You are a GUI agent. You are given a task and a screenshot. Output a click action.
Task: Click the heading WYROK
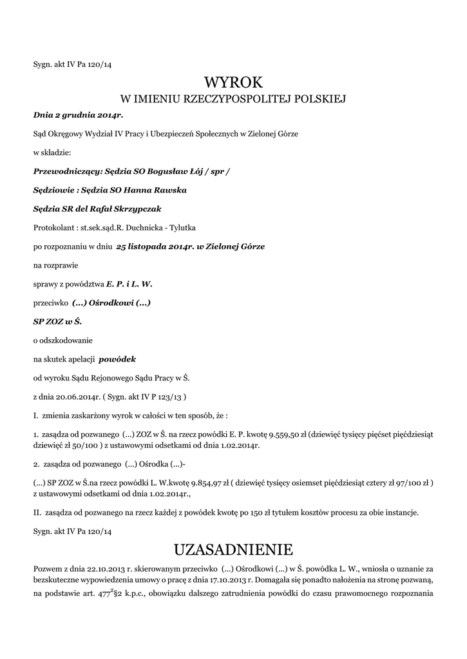[x=234, y=82]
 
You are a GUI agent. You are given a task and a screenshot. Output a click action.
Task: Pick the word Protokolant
[x=51, y=228]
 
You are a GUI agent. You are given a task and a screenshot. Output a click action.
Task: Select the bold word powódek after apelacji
[x=117, y=358]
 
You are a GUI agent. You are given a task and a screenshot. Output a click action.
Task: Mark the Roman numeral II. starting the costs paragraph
[x=37, y=512]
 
